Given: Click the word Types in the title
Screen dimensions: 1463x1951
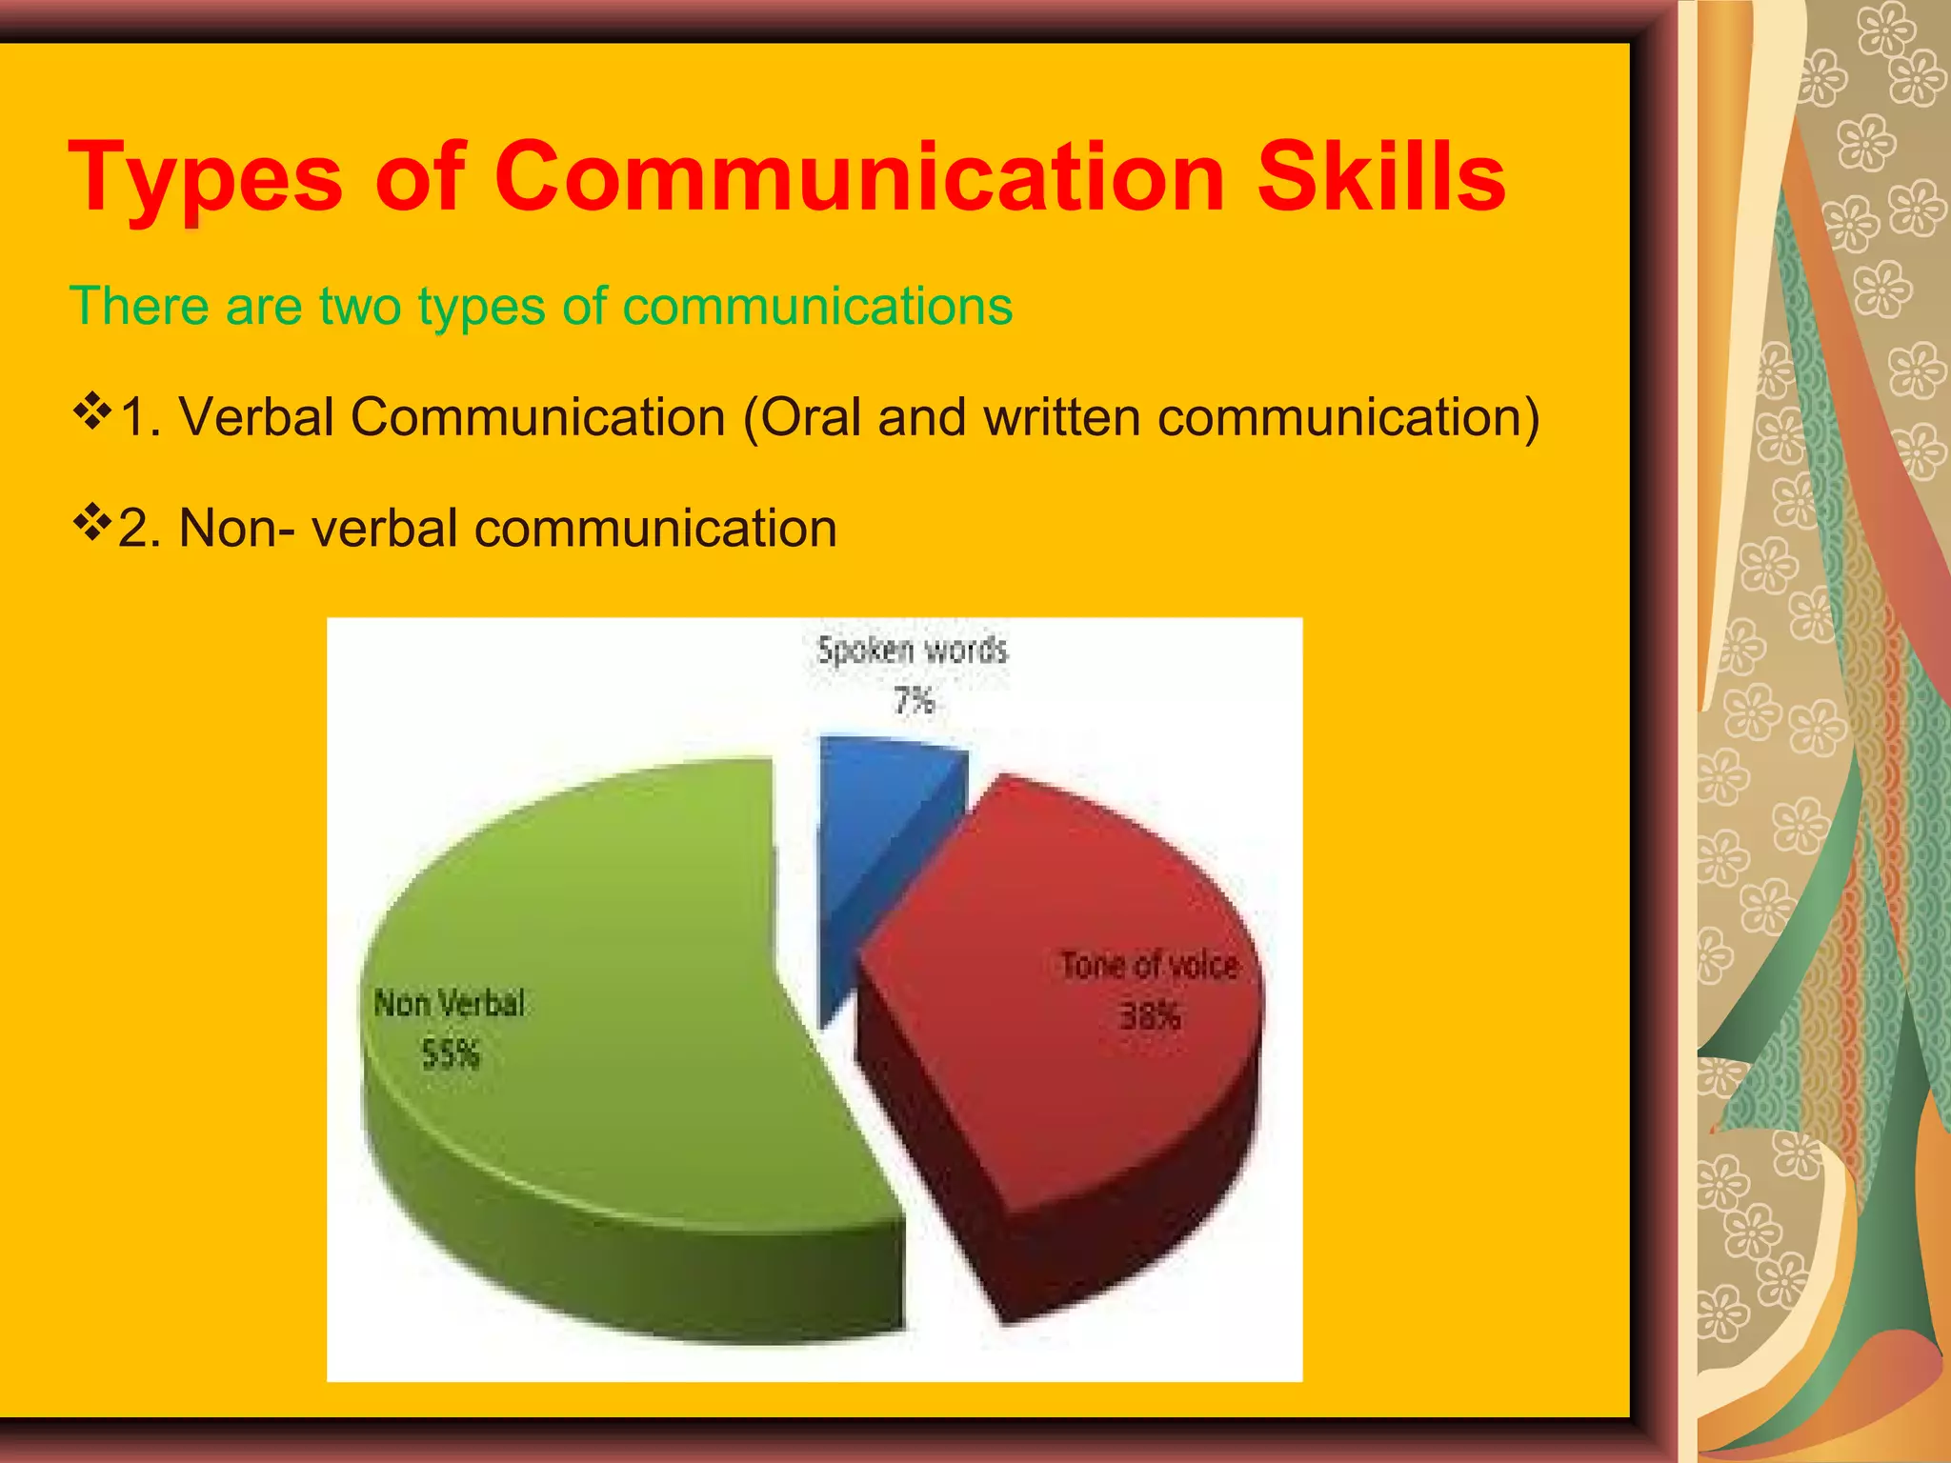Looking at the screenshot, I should [205, 178].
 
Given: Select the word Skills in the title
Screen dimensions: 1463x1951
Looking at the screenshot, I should [1381, 176].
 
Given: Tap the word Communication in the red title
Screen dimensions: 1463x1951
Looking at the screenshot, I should [858, 176].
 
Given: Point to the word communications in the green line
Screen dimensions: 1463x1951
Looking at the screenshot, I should [817, 307].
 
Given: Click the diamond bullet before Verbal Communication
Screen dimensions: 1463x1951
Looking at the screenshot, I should [91, 412].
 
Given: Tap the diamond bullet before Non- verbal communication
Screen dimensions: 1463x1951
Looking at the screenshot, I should [91, 523].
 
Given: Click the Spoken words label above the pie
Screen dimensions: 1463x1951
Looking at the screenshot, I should [912, 651].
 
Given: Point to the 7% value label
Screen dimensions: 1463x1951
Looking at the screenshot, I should [913, 701].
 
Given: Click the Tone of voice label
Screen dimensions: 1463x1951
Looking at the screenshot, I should [1149, 966].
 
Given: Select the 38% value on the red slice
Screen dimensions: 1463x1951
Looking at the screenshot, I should [1149, 1017].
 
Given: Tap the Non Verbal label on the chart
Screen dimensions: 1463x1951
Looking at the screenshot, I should [449, 1003].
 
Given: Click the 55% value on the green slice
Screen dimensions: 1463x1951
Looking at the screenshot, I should [450, 1054].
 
